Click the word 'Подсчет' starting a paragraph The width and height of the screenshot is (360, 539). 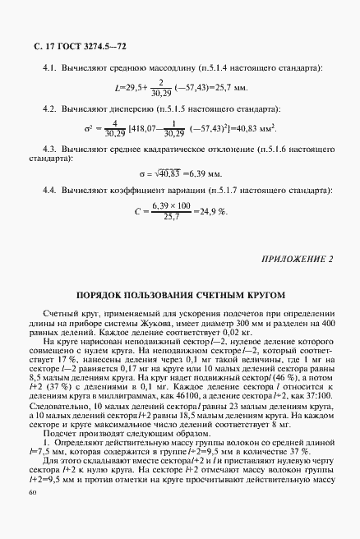[x=59, y=431]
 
